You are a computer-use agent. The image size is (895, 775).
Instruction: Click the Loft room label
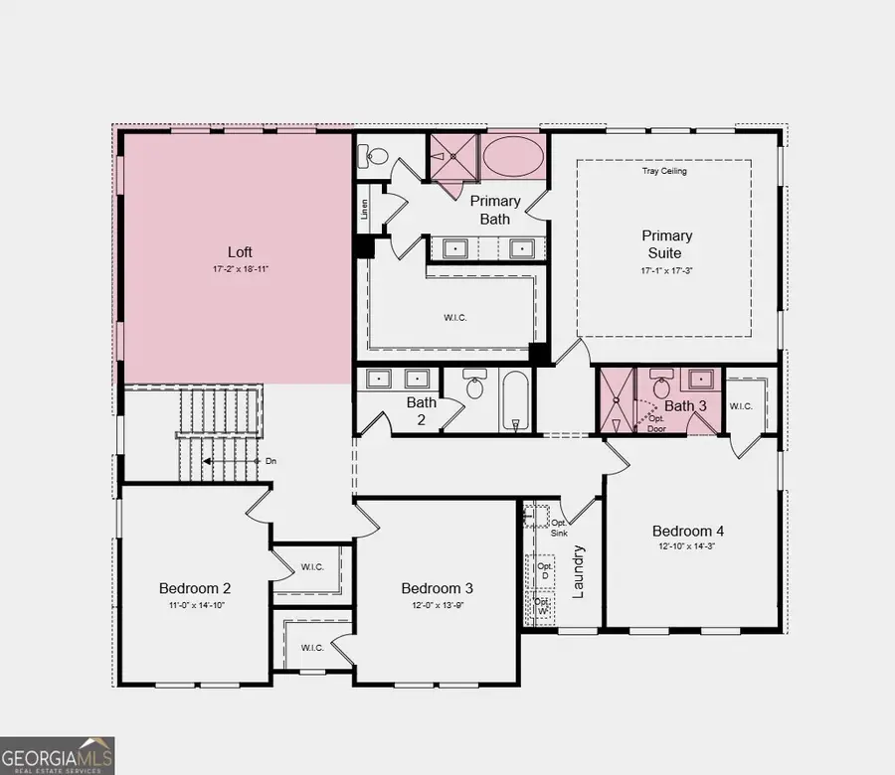(240, 252)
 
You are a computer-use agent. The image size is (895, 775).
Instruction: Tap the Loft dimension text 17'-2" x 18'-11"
(241, 269)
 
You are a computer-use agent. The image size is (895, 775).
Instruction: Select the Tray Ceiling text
(664, 171)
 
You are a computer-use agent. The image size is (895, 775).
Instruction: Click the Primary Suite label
(666, 244)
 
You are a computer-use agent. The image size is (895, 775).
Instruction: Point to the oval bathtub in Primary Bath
(513, 156)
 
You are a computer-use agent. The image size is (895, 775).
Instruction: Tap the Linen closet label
(364, 209)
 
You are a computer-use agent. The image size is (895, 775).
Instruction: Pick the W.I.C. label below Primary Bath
(454, 318)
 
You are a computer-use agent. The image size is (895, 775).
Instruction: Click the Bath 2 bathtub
(516, 400)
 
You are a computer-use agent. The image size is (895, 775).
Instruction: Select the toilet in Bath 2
(474, 384)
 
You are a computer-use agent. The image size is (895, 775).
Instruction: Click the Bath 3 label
(685, 406)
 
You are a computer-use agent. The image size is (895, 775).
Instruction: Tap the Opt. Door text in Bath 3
(656, 423)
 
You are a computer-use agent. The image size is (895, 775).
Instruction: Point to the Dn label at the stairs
(270, 461)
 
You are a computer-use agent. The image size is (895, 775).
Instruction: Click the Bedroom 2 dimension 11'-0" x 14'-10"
(196, 605)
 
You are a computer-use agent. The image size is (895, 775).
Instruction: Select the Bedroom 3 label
(437, 588)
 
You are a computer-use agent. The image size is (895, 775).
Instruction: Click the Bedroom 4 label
(688, 531)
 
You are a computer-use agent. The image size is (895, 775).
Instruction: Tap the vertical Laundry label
(578, 571)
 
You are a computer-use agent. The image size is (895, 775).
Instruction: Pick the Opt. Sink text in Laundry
(559, 528)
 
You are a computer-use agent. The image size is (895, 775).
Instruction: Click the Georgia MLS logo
(57, 755)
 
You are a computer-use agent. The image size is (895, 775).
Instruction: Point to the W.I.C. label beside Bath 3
(741, 406)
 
